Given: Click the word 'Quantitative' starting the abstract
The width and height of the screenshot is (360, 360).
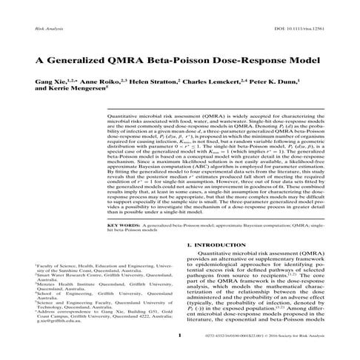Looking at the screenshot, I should point(127,117).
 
